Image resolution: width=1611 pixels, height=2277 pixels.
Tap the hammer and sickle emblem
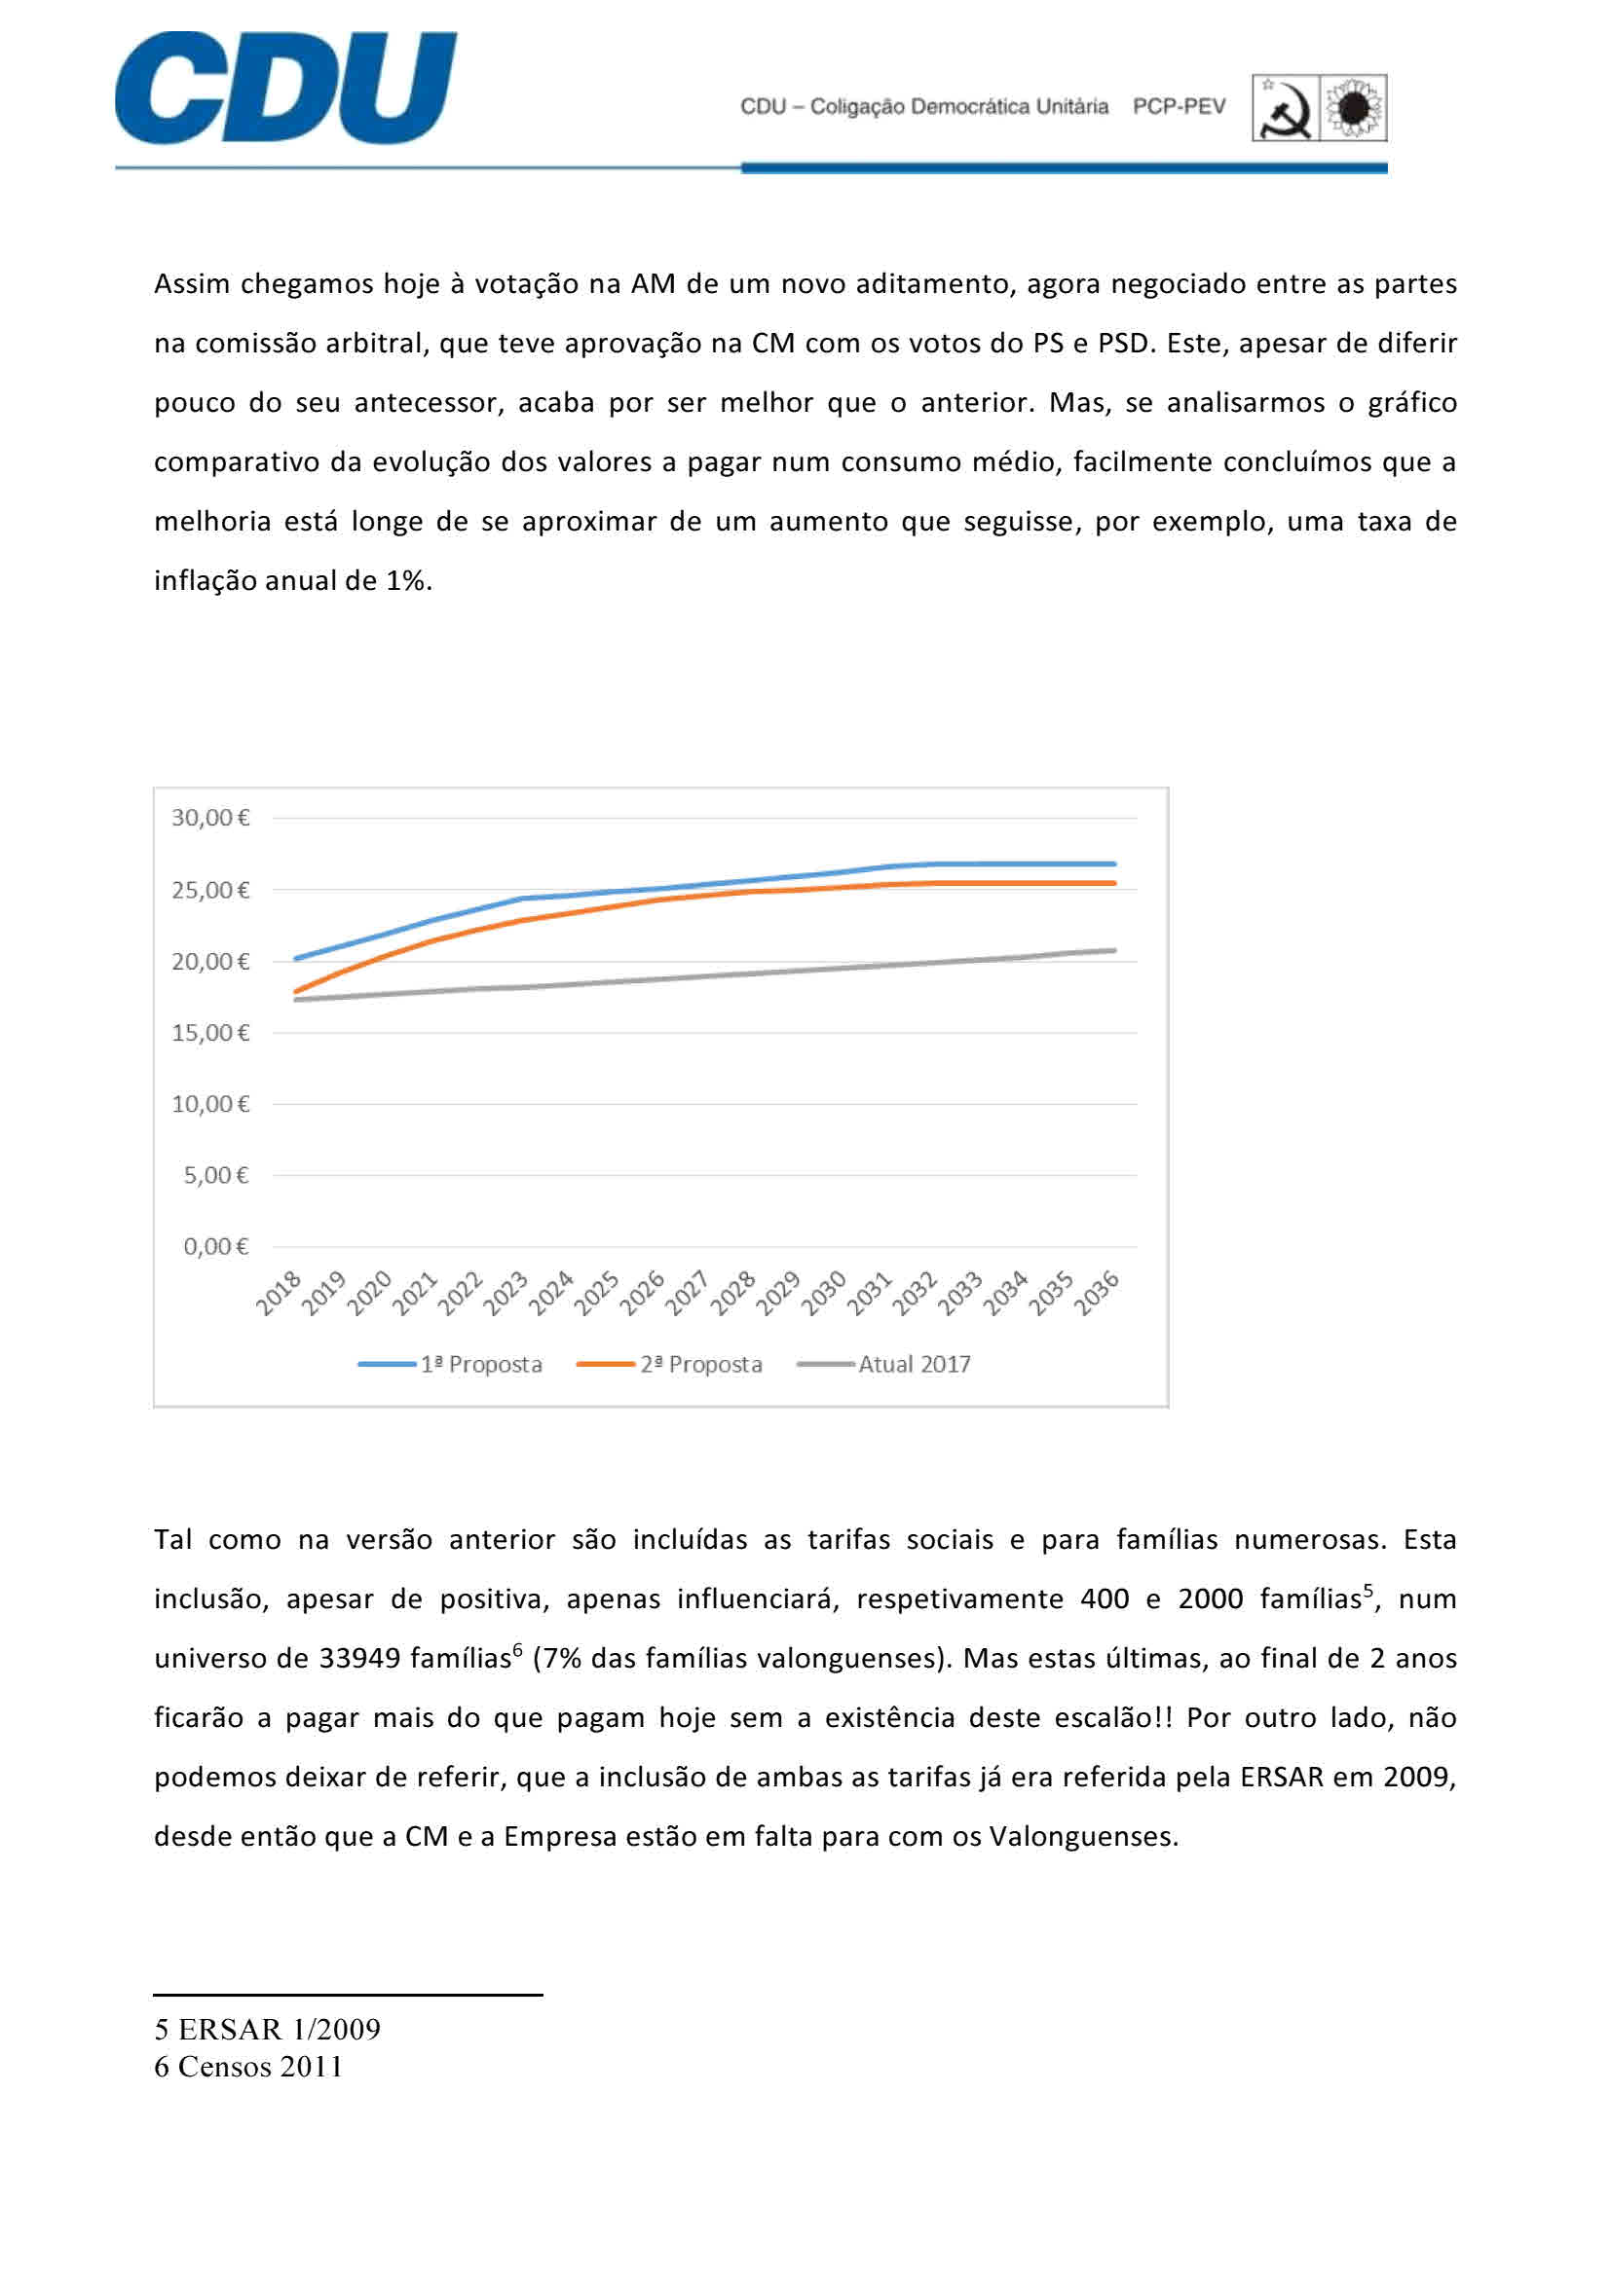[1286, 108]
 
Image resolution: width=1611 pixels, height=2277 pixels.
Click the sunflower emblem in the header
[1353, 108]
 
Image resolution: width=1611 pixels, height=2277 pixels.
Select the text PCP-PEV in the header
[1179, 107]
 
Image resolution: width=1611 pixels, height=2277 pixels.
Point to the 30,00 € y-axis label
[210, 818]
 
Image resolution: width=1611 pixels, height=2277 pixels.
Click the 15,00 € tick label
[210, 1034]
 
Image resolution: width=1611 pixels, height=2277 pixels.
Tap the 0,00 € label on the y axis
[215, 1247]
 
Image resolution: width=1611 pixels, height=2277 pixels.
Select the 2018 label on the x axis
[280, 1294]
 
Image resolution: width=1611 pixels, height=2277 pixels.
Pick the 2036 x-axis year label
[1097, 1294]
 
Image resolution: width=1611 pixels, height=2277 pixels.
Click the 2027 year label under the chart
[688, 1294]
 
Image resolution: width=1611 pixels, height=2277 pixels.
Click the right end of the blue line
[1114, 863]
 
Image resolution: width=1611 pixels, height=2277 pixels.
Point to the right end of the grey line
[1114, 950]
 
